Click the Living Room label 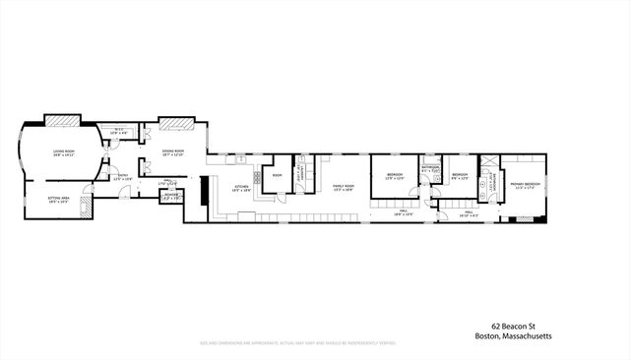pyautogui.click(x=64, y=151)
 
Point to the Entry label pyautogui.click(x=123, y=178)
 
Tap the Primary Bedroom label pyautogui.click(x=525, y=184)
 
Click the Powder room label pyautogui.click(x=172, y=195)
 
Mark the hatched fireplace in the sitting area pyautogui.click(x=88, y=204)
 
